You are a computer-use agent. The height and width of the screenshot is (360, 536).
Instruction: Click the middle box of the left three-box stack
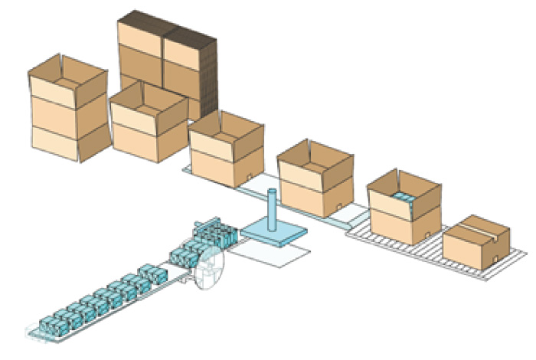pyautogui.click(x=67, y=111)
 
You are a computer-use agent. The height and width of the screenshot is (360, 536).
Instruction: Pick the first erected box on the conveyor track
pyautogui.click(x=226, y=149)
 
